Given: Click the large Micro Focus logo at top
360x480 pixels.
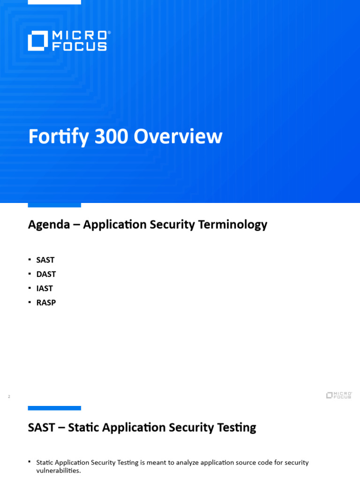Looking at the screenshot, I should [69, 41].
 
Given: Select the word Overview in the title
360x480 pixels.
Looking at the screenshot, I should [178, 137].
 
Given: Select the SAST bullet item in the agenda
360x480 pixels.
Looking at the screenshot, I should [45, 260].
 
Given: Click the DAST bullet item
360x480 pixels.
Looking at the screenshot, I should [46, 274].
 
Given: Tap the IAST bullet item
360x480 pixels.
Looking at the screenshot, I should [45, 288].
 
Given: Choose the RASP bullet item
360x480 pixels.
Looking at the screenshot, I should [46, 303].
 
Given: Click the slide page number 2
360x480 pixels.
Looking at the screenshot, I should [9, 397].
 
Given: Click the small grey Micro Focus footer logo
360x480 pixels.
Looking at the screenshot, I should [339, 395].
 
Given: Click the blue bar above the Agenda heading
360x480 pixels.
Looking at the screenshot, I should [54, 205].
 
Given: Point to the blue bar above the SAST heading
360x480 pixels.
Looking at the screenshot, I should [54, 408].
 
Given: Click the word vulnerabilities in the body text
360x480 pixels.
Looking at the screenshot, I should [58, 471].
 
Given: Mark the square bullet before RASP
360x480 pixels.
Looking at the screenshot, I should [30, 302].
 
